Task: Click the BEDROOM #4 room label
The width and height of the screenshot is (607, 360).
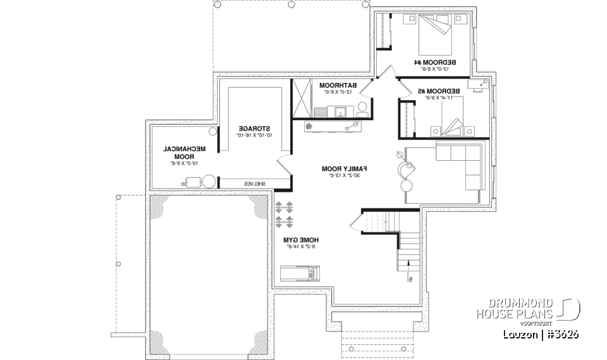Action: click(436, 63)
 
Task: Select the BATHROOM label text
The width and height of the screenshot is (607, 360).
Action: click(338, 85)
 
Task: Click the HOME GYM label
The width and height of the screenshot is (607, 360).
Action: click(300, 240)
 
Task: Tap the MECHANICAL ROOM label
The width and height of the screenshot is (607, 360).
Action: click(185, 152)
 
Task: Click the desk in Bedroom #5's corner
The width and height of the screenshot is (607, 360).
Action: click(479, 85)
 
